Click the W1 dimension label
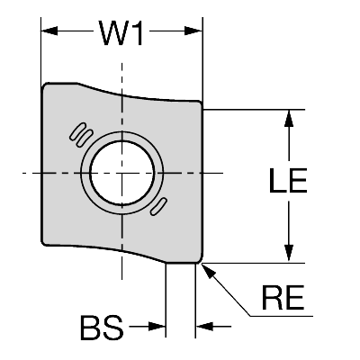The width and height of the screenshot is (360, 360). click(121, 33)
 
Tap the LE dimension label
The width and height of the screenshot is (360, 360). click(288, 180)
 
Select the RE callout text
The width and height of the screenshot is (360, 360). click(283, 298)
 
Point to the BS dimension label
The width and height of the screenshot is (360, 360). click(102, 328)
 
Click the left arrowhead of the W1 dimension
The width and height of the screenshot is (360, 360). click(49, 31)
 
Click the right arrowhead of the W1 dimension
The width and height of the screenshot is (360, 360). click(194, 31)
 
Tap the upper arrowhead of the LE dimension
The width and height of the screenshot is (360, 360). click(289, 118)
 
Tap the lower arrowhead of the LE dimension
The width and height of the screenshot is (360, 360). click(289, 253)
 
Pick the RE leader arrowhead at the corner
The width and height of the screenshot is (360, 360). click(209, 271)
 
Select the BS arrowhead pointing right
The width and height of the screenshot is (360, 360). click(157, 327)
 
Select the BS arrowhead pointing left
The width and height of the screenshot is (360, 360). click(204, 327)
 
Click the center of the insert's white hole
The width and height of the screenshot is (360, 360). click(122, 173)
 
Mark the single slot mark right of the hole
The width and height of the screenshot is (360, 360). click(158, 206)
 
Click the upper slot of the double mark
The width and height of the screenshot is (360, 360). click(78, 131)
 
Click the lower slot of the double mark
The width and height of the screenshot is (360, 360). click(85, 139)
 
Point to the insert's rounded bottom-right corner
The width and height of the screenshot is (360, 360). click(199, 260)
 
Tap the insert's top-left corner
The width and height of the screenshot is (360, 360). click(44, 85)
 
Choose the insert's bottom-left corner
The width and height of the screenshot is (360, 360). click(43, 243)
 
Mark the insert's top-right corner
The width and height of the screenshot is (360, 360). click(200, 103)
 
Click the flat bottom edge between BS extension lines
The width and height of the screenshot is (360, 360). click(181, 263)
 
